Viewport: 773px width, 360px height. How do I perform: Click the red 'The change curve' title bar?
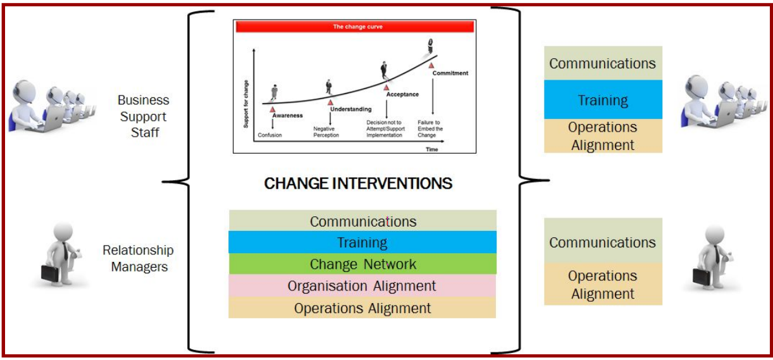(355, 27)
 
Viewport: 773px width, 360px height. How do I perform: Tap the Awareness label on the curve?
(287, 115)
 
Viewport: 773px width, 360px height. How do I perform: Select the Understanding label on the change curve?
(350, 109)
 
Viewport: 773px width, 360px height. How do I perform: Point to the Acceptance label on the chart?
(402, 94)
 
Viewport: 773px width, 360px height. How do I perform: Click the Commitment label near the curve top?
(450, 73)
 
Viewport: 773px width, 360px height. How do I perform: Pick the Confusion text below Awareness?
(270, 135)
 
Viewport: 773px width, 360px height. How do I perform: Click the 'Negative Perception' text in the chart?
(326, 132)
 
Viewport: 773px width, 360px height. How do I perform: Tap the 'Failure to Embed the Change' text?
(430, 128)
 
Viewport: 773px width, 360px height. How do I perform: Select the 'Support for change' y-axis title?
(246, 104)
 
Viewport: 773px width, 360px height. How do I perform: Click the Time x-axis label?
(431, 149)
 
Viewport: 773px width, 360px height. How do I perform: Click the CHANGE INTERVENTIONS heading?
(358, 183)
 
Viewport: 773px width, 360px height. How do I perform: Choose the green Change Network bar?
(362, 264)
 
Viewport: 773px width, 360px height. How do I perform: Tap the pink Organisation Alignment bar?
(362, 286)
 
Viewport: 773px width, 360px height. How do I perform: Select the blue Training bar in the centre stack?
(362, 242)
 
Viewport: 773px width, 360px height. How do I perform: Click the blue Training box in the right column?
(603, 100)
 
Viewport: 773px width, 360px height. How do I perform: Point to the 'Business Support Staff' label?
(143, 116)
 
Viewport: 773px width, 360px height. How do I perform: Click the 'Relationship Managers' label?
(139, 258)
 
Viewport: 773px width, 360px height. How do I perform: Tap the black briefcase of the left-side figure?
(50, 273)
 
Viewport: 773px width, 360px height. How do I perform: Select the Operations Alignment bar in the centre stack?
(362, 307)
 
